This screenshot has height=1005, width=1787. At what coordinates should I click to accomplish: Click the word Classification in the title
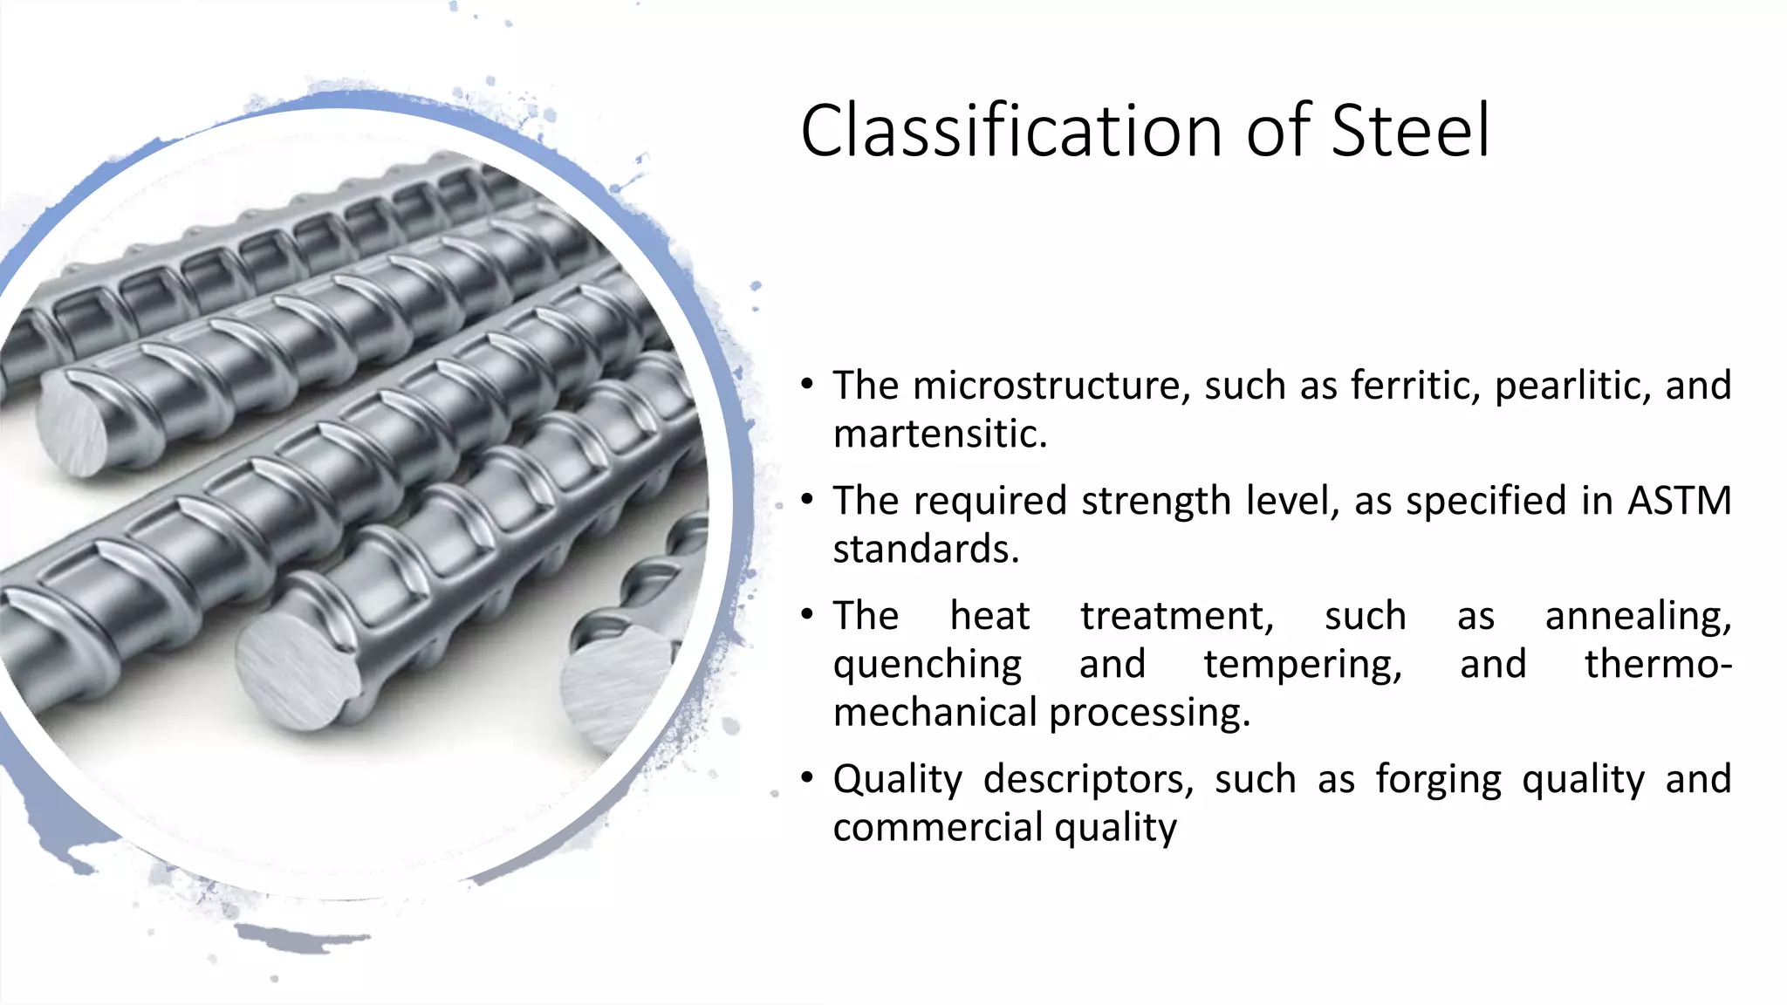coord(1012,131)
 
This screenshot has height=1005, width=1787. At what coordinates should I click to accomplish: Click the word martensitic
coord(939,434)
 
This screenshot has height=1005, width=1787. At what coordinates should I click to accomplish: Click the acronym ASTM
coord(1679,501)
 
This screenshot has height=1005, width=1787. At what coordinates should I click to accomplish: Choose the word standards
coord(925,549)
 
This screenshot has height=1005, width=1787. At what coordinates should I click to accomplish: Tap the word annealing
coord(1638,616)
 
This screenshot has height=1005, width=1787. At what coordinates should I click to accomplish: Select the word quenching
coord(927,665)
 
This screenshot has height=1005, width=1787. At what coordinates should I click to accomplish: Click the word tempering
coord(1303,665)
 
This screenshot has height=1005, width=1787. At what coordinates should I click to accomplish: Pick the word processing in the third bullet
coord(1149,713)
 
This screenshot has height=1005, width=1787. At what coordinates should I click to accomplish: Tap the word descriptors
coord(1087,779)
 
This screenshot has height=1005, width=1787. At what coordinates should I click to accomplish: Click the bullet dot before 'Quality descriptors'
coord(808,777)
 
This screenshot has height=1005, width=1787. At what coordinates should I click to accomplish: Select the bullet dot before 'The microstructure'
coord(808,385)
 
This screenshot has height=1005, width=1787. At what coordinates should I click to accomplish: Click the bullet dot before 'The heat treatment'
coord(808,615)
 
